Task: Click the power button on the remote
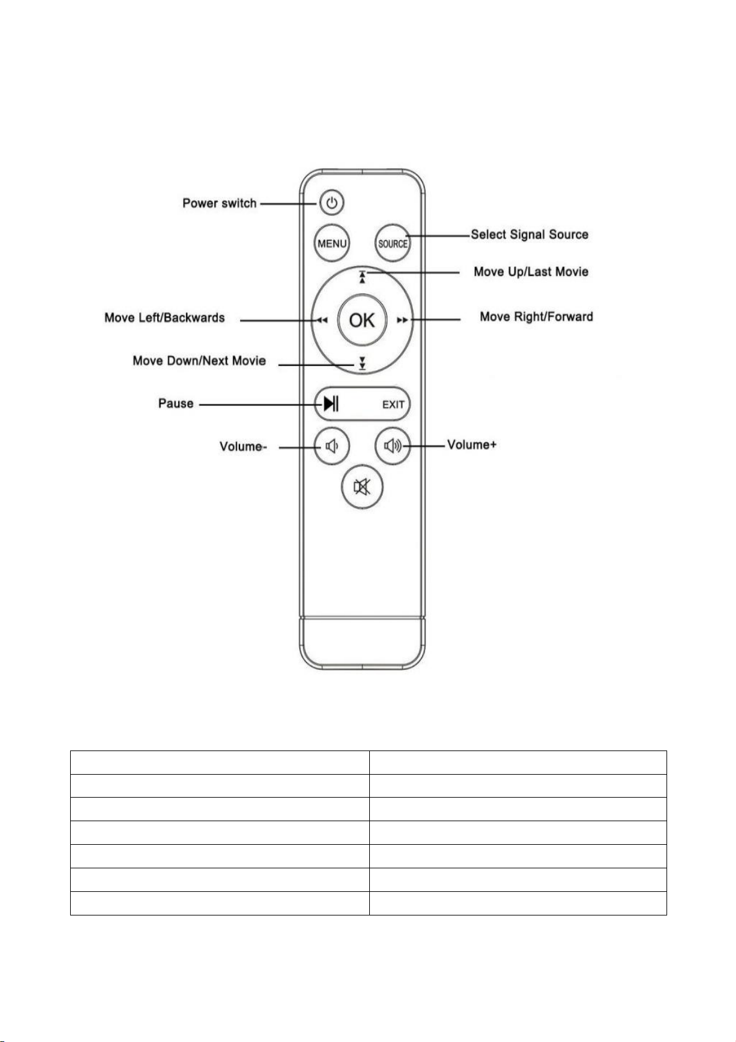coord(331,203)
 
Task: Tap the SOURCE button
coord(392,243)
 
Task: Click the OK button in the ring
coord(362,319)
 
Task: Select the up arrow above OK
coord(362,277)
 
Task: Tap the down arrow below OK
coord(362,363)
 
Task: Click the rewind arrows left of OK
coord(322,320)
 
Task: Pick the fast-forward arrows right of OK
coord(402,320)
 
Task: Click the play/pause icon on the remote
coord(331,403)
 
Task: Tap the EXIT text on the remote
coord(393,404)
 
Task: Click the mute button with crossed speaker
coord(362,487)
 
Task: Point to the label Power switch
coord(219,203)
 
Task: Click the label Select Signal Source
coord(529,234)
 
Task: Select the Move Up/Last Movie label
coord(531,271)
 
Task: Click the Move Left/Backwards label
coord(164,318)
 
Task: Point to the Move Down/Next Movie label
coord(199,360)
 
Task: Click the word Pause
coord(176,403)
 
